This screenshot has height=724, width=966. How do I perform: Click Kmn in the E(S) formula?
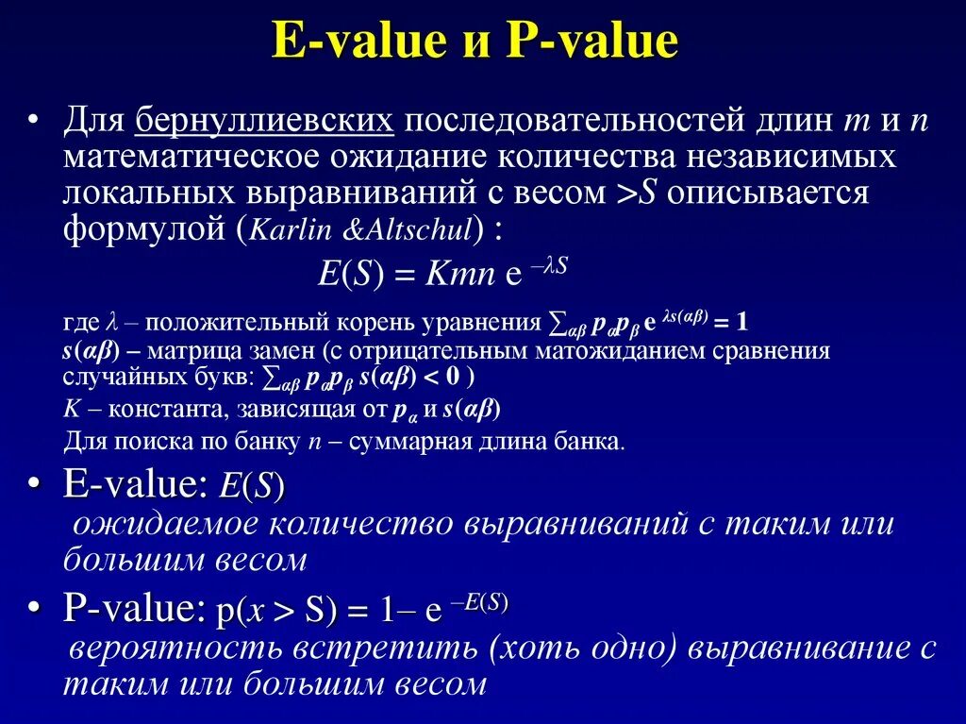coord(459,275)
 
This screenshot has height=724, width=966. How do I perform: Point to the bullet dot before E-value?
coord(33,484)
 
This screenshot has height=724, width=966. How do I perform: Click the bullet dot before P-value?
coord(33,611)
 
